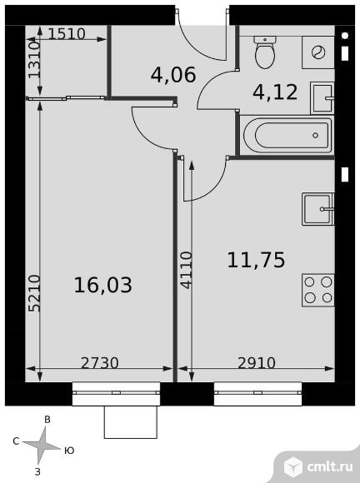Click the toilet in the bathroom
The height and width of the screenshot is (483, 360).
tap(265, 52)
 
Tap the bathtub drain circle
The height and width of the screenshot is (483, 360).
tap(315, 135)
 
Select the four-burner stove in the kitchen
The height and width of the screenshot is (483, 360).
tap(318, 290)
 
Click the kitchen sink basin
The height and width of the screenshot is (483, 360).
tap(318, 209)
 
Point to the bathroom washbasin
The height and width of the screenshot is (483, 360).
tap(322, 98)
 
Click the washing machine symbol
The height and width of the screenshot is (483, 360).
tap(318, 52)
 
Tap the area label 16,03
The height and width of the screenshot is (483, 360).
tap(103, 285)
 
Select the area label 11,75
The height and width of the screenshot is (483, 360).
tap(256, 260)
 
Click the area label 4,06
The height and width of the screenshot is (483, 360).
tap(173, 75)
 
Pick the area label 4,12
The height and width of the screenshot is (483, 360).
tap(275, 92)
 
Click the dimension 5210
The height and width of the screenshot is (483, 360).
tap(34, 293)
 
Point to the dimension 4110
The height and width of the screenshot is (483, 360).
tap(186, 270)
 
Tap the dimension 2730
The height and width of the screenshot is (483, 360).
tap(99, 363)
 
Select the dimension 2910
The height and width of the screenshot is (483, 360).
tap(257, 363)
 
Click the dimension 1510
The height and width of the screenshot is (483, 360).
tap(67, 34)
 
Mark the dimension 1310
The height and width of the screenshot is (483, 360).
tap(34, 59)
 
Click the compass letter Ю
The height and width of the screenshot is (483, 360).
tap(70, 451)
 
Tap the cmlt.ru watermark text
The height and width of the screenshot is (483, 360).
tap(330, 467)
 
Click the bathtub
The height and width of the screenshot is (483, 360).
tap(287, 135)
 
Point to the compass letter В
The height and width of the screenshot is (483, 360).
tap(47, 420)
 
